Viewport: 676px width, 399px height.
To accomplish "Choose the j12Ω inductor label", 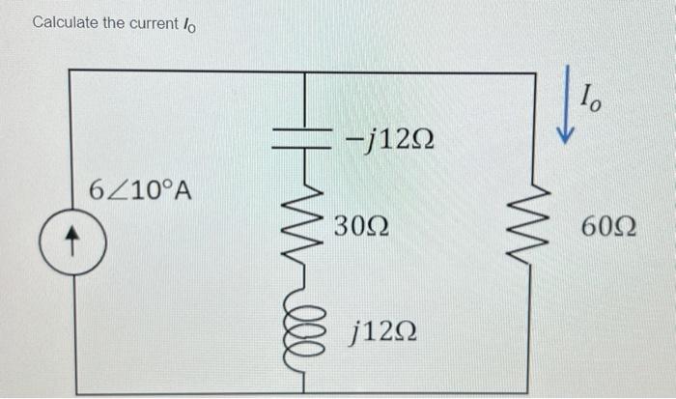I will (x=383, y=331).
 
